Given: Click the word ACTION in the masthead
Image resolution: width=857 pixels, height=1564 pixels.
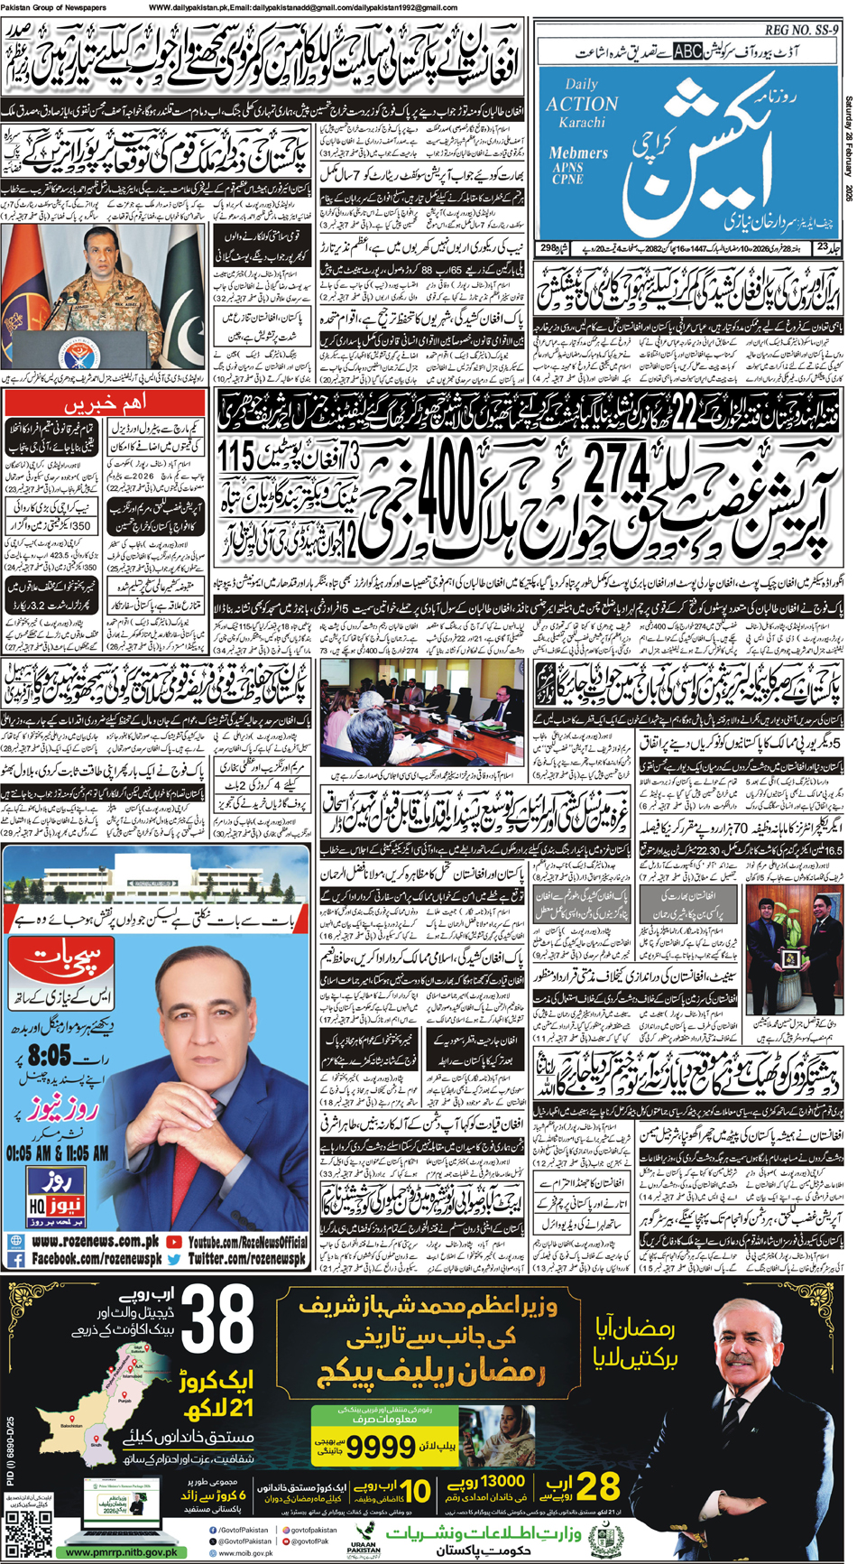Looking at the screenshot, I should (x=582, y=104).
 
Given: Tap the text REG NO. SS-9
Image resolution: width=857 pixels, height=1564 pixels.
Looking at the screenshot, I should (x=802, y=30).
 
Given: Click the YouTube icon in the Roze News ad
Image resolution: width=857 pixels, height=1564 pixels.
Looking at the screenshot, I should (x=174, y=1242).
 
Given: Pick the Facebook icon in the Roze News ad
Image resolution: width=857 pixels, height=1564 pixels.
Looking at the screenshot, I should (x=15, y=1259).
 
